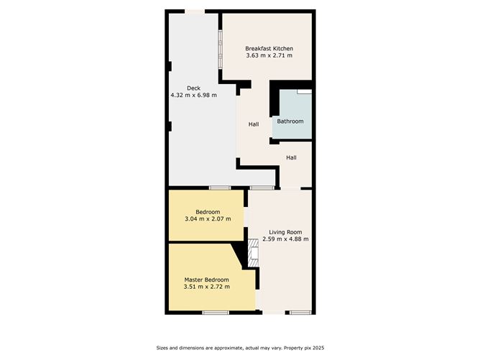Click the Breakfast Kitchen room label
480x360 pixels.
[x=269, y=48]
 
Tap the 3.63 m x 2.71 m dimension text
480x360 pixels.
[x=269, y=55]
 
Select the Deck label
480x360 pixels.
[x=193, y=88]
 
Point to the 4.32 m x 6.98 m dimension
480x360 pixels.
[x=193, y=95]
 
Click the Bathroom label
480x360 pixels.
[x=290, y=121]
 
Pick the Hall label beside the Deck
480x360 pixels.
[x=254, y=124]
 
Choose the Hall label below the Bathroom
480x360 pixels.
[x=292, y=157]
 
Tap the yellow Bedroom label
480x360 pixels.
[x=208, y=211]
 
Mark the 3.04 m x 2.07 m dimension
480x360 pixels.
[x=208, y=218]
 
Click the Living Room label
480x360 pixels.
[x=285, y=231]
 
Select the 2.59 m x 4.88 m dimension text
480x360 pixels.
[x=285, y=239]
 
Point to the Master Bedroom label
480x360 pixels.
[x=207, y=280]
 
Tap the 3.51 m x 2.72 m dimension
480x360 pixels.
[x=207, y=287]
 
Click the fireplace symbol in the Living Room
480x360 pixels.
[x=252, y=252]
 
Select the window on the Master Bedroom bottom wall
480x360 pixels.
[x=215, y=312]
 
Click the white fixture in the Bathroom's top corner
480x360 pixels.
[x=305, y=93]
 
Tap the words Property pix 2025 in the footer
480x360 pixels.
[x=299, y=349]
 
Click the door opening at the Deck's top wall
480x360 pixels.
[x=194, y=11]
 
